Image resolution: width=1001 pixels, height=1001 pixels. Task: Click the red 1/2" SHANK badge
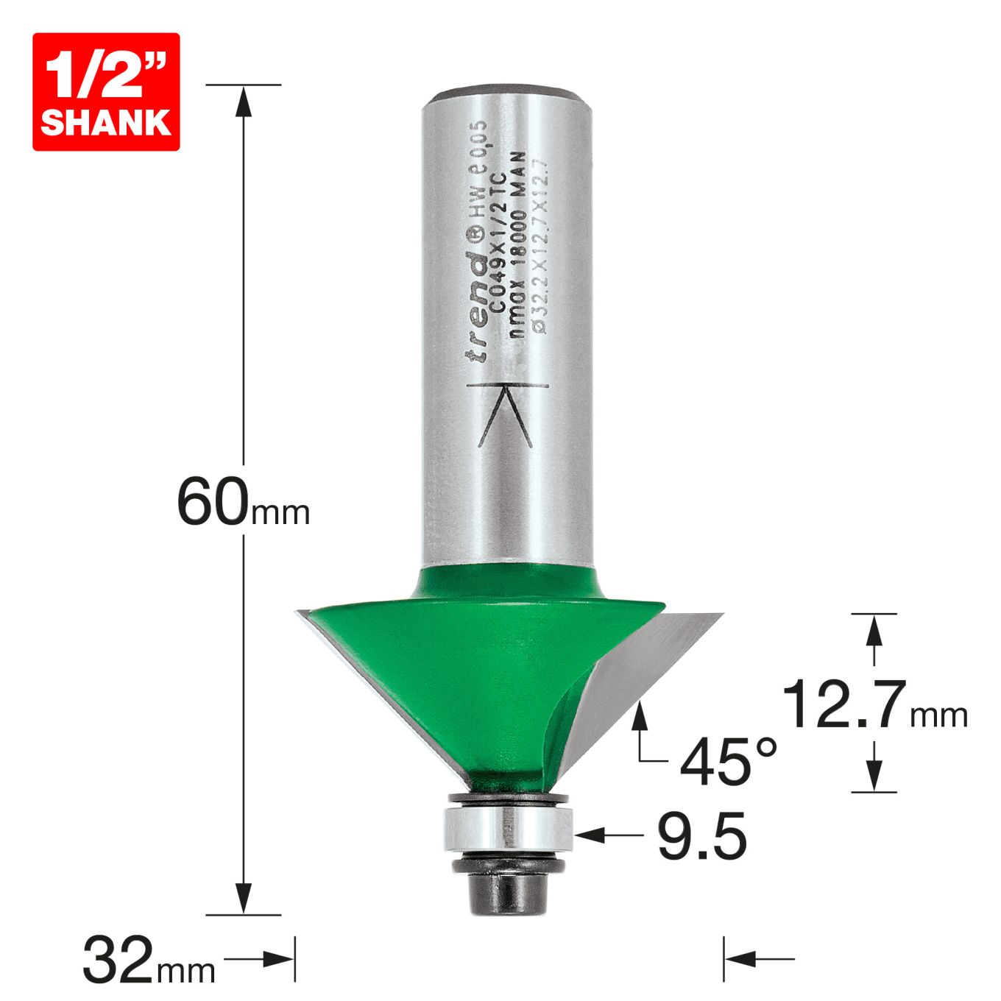pyautogui.click(x=106, y=92)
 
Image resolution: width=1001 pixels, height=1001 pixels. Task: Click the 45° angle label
pyautogui.click(x=728, y=761)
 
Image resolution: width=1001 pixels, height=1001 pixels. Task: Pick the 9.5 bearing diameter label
pyautogui.click(x=701, y=836)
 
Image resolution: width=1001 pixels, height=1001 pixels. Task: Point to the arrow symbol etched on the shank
pyautogui.click(x=505, y=416)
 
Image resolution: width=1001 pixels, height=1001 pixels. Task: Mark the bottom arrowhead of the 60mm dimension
pyautogui.click(x=244, y=899)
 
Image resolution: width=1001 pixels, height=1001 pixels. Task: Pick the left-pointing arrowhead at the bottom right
pyautogui.click(x=739, y=959)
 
